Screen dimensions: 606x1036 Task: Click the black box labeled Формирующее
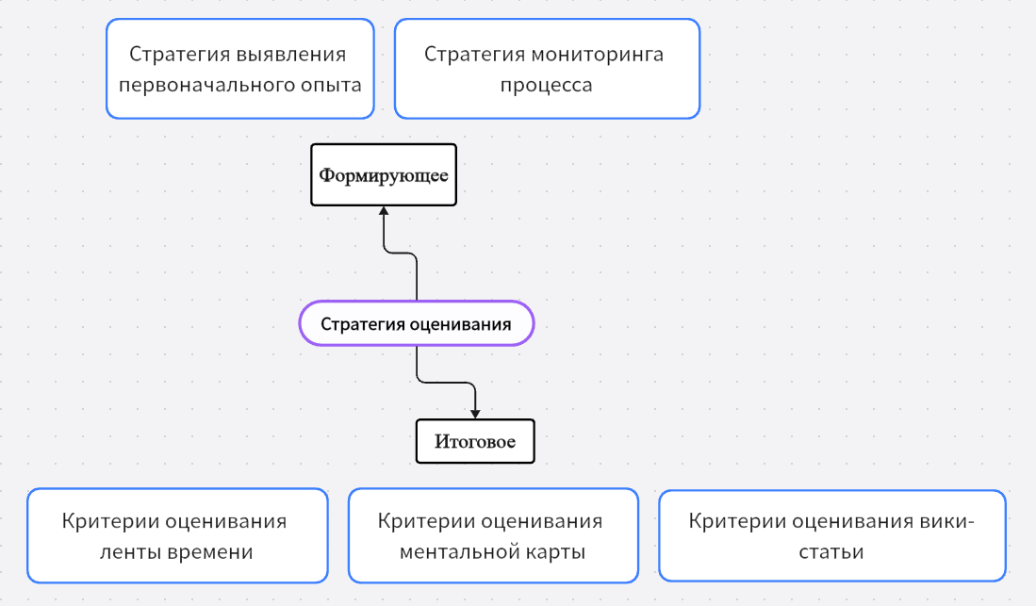(384, 175)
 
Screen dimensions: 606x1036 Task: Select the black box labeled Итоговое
(475, 441)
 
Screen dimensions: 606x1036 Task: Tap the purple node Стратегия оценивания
(416, 324)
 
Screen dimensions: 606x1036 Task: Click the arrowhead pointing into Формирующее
(384, 211)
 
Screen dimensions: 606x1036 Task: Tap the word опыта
(330, 85)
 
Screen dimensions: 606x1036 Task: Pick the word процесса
(546, 85)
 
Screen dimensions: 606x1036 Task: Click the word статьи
(831, 552)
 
